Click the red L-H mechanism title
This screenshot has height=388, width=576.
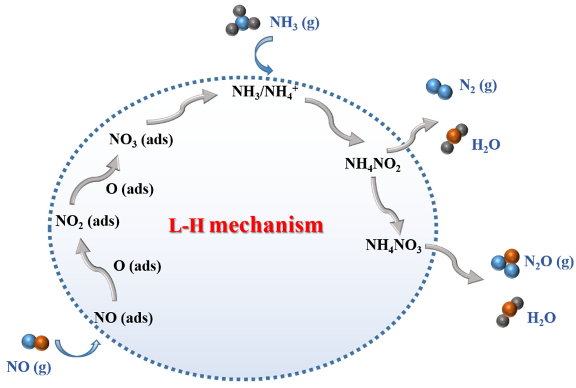click(246, 225)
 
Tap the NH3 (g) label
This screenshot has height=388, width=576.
click(294, 23)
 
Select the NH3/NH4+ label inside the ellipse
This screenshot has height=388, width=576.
click(264, 91)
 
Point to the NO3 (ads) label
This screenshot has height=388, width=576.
click(141, 140)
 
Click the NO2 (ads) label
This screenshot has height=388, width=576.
click(88, 221)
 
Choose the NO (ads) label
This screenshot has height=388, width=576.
click(123, 318)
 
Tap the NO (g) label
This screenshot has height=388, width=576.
click(29, 367)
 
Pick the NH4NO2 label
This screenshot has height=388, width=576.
click(372, 164)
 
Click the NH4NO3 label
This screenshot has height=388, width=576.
click(393, 245)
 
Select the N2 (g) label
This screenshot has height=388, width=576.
click(478, 86)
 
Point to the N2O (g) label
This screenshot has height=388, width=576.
click(548, 261)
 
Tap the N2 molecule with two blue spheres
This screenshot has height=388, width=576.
click(439, 89)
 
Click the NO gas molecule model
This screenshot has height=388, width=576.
click(36, 342)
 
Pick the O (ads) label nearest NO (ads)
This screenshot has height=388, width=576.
click(137, 266)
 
